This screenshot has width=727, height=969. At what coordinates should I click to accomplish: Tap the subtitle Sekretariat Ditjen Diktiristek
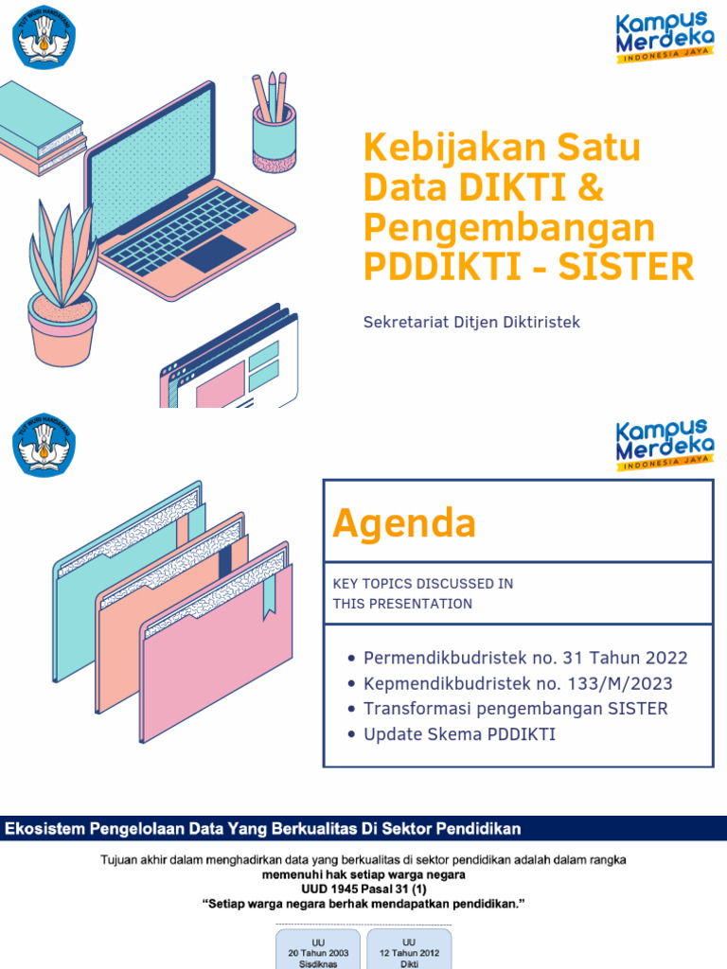pos(471,322)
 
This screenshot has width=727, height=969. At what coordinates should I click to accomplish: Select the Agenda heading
pos(404,523)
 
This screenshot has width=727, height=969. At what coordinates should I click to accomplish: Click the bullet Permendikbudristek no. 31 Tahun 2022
pos(525,658)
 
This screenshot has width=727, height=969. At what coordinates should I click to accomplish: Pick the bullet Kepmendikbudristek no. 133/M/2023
pos(518,683)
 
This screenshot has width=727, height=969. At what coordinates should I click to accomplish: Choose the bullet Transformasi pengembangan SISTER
pos(515,709)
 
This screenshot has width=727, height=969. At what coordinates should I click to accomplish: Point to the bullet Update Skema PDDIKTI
pos(459,734)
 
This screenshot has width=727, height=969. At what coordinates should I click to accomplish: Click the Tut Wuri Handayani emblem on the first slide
pos(44,35)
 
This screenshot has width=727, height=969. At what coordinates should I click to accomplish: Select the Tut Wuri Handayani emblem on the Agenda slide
pos(44,444)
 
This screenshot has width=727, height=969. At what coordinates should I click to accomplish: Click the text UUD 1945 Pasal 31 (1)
pos(363,890)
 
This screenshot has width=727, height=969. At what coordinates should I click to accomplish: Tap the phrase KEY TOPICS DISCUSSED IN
pos(423,583)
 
